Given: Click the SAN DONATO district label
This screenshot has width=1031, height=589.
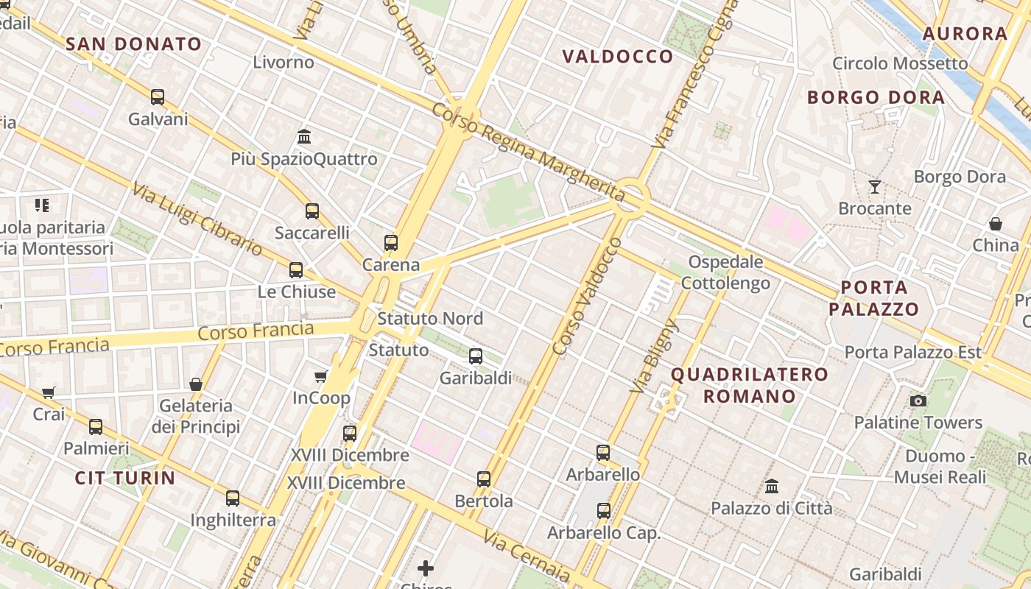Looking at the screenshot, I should [x=133, y=44].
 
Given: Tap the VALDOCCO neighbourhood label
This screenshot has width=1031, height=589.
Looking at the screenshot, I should [x=618, y=57].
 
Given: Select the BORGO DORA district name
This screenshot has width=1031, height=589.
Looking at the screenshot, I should [x=876, y=97].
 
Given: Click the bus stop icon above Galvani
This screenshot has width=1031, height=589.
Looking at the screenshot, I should [x=158, y=96].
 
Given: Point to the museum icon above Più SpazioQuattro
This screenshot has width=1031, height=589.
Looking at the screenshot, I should [x=304, y=137].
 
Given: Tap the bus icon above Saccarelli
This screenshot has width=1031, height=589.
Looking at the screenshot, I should [x=312, y=211].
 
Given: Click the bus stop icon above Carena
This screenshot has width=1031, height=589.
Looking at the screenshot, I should [x=391, y=242].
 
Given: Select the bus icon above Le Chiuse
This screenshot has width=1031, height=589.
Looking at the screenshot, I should [x=296, y=270].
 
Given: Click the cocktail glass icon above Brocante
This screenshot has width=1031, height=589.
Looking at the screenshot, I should [x=875, y=187].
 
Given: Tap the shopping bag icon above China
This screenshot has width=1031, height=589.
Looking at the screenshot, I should [x=996, y=223].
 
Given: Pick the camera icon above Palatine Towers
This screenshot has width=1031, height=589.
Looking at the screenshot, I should [x=918, y=401].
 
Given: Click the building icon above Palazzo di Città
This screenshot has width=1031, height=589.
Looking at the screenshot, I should [x=772, y=486].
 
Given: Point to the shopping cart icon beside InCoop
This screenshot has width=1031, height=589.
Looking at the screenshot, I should [x=321, y=377].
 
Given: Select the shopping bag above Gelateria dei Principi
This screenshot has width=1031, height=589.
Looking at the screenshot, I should [x=196, y=384].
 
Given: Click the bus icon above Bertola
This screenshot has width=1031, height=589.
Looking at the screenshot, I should [x=484, y=479].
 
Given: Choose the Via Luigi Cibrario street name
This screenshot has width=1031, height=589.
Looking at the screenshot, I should [x=197, y=219].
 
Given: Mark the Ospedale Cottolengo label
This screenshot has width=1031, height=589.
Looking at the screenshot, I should [x=725, y=272].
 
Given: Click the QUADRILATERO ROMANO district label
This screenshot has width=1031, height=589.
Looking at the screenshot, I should [x=750, y=385].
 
